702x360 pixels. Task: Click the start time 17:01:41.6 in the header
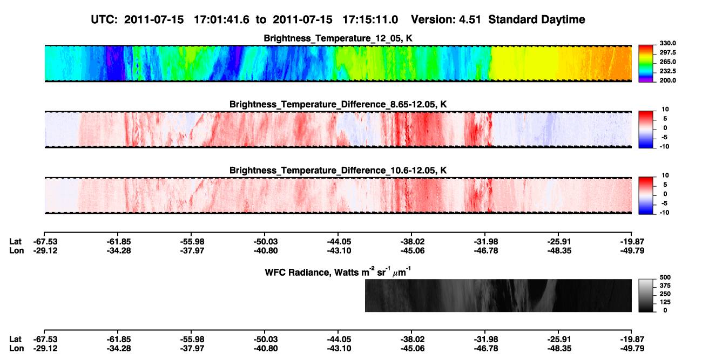(221, 20)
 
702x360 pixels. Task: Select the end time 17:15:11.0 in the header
(370, 20)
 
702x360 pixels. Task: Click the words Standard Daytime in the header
(537, 20)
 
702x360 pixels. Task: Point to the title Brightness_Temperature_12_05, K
(338, 38)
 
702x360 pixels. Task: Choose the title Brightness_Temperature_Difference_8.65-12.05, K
(338, 104)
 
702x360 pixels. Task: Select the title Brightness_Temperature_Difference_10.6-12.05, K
(338, 171)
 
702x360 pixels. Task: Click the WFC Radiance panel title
(338, 272)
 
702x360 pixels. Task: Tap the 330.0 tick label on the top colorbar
(667, 43)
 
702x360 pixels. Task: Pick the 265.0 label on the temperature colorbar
(667, 62)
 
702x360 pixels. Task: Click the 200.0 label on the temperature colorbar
(667, 80)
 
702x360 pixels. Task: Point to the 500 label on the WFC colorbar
(665, 277)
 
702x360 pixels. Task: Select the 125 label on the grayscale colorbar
(665, 302)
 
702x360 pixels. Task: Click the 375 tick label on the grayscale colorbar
(665, 286)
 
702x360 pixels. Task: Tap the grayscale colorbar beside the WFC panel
(646, 295)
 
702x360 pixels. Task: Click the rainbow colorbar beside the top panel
(646, 64)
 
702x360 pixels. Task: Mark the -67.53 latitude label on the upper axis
(45, 242)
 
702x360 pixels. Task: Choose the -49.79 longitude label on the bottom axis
(632, 349)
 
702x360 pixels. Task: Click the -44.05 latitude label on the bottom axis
(339, 339)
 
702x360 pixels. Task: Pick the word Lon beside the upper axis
(16, 250)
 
